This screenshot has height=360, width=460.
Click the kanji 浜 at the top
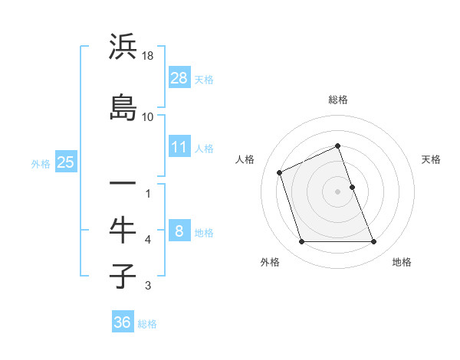(123, 48)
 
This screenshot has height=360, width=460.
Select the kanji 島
(123, 106)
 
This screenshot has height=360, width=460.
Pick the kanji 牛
(123, 230)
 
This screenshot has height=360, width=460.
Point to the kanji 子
(123, 275)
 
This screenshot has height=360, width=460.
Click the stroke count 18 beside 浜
(149, 56)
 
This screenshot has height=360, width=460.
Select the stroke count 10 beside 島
(148, 117)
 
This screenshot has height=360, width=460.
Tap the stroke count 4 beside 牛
(148, 241)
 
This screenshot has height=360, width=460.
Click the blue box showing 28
(179, 78)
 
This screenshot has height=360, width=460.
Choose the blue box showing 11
(179, 147)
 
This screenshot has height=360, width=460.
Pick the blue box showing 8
(179, 231)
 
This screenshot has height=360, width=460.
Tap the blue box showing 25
(65, 162)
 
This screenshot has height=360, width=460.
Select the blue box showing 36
(123, 322)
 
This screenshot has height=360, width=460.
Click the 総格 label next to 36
(147, 324)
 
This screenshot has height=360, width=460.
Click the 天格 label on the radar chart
(431, 159)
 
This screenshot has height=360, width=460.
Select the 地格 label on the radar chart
(402, 262)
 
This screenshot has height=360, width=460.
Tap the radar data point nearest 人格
(280, 172)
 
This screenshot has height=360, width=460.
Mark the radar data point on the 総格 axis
(337, 146)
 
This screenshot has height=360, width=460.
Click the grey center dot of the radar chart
(337, 191)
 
